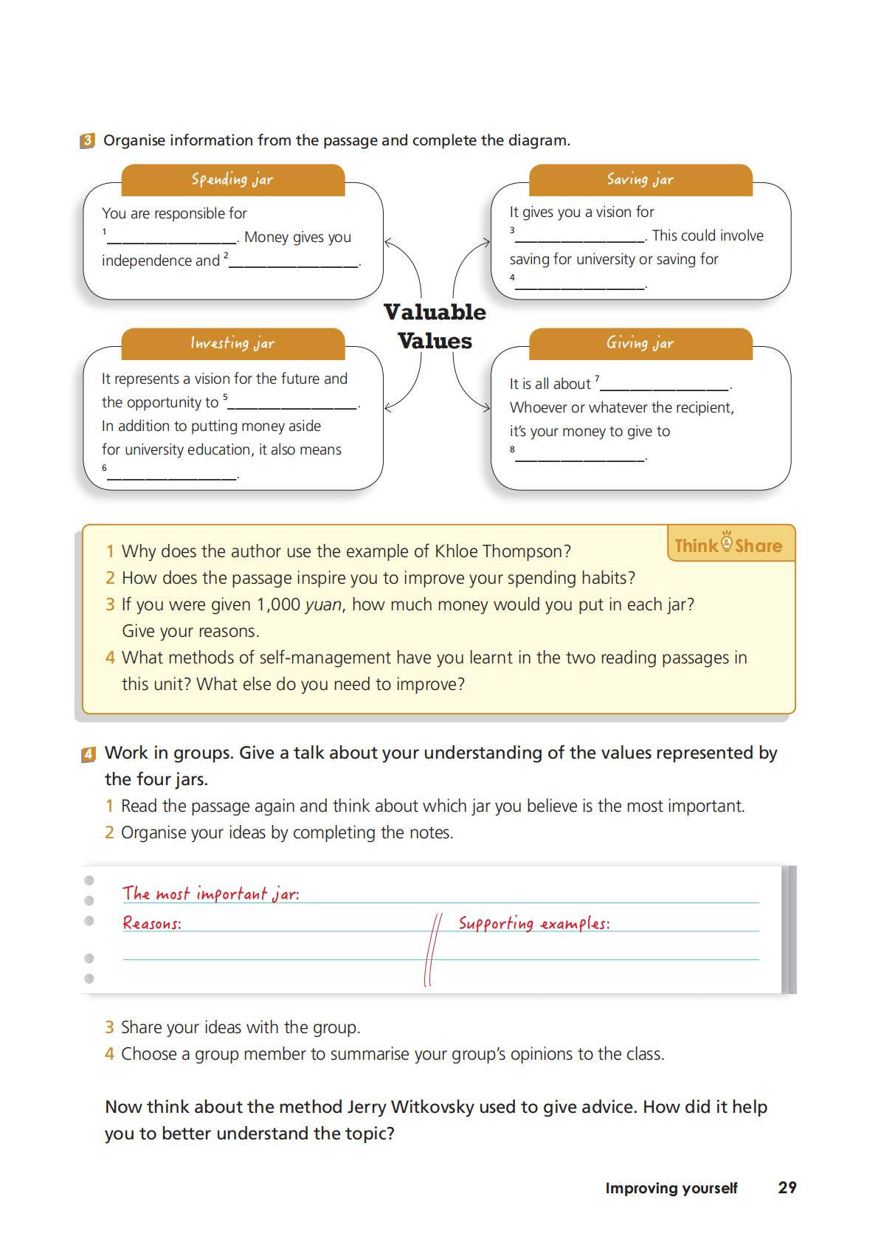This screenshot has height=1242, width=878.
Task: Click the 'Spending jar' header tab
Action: click(x=232, y=179)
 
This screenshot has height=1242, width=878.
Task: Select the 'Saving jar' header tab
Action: click(x=640, y=179)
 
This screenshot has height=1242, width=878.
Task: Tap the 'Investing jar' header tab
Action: click(x=232, y=343)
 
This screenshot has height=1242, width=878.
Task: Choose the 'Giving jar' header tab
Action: click(x=640, y=343)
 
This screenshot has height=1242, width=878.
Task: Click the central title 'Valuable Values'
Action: click(x=435, y=326)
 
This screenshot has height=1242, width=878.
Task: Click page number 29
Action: click(x=787, y=1187)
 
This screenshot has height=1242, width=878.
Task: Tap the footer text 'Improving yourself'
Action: click(x=671, y=1188)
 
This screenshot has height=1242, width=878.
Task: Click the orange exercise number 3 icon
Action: click(x=87, y=141)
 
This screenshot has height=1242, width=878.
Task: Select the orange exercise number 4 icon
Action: click(x=89, y=754)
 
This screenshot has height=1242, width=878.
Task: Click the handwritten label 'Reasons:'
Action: click(x=152, y=923)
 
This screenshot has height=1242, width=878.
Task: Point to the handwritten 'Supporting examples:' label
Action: click(x=534, y=923)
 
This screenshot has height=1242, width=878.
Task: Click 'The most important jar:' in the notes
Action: click(x=211, y=894)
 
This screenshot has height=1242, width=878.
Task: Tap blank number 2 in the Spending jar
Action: click(x=294, y=263)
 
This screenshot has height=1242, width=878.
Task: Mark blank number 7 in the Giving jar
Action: click(x=665, y=386)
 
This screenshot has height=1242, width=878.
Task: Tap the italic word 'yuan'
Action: click(x=323, y=604)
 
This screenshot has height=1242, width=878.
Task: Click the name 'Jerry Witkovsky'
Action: click(x=409, y=1107)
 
